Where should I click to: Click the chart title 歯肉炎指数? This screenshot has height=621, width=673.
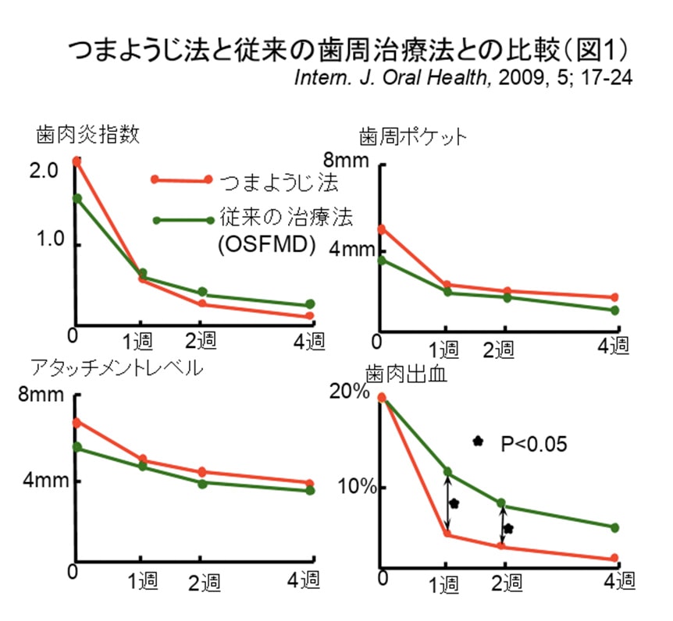[x=87, y=133]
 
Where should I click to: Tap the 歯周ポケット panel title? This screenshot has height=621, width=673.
[x=412, y=137]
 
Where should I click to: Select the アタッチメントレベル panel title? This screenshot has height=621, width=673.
[x=116, y=367]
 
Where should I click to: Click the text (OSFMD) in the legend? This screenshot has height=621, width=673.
[x=266, y=245]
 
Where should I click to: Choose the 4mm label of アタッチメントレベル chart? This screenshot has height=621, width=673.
[x=44, y=481]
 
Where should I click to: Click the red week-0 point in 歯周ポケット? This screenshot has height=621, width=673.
[x=382, y=229]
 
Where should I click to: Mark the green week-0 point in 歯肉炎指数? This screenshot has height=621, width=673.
[x=77, y=198]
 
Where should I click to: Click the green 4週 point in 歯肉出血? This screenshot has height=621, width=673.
[x=614, y=527]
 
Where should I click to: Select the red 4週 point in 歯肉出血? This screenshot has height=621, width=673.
[x=614, y=558]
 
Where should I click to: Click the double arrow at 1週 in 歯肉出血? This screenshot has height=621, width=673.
[x=447, y=502]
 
